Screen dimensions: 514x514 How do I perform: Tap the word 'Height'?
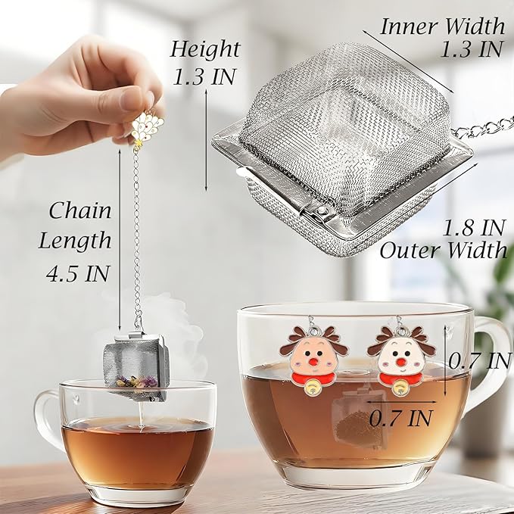(x=204, y=49)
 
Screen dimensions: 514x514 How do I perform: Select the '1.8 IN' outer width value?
(x=474, y=226)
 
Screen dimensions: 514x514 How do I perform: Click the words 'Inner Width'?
(x=442, y=26)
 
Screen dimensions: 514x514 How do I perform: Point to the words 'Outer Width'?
(x=444, y=251)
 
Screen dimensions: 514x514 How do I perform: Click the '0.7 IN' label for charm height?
(x=481, y=360)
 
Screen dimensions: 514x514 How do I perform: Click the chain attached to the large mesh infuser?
(x=488, y=125)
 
